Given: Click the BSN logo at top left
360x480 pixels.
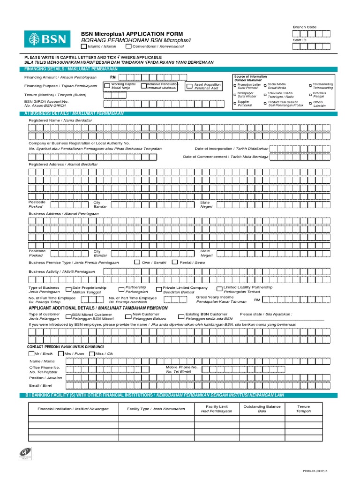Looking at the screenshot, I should click(49, 39).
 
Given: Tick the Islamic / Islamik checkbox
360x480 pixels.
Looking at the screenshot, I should click(83, 46).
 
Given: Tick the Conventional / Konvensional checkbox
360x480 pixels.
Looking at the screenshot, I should click(128, 46).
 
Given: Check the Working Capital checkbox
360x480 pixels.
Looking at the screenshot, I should click(107, 86).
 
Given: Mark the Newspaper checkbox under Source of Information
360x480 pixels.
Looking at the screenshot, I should click(235, 94).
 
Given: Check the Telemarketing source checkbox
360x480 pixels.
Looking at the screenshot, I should click(310, 86).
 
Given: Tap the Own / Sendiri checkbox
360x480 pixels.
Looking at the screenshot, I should click(137, 262).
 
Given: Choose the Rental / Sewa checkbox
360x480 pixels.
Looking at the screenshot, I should click(175, 262).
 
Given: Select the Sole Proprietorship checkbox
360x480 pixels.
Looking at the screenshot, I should click(68, 289).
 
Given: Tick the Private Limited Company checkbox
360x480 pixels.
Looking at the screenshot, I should click(159, 289).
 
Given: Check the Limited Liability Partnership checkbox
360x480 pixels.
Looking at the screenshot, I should click(219, 289).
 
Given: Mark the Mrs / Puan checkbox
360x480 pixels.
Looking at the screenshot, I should click(61, 353).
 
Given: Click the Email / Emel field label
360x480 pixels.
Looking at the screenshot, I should click(40, 385).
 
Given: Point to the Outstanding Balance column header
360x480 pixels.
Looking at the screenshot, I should click(262, 409).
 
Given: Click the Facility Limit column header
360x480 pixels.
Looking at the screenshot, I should click(217, 409).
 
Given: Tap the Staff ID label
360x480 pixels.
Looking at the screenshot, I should click(300, 40).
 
